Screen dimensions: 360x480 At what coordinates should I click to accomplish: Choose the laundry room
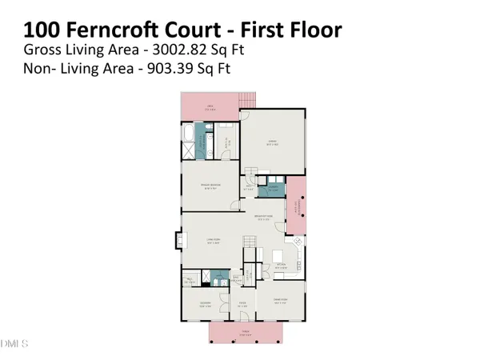pos(272,190)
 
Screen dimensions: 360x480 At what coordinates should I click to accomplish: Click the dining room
pos(280,302)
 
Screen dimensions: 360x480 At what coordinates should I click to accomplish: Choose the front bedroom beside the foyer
pos(205,303)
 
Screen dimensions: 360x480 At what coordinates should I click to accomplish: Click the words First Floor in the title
pos(293,31)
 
